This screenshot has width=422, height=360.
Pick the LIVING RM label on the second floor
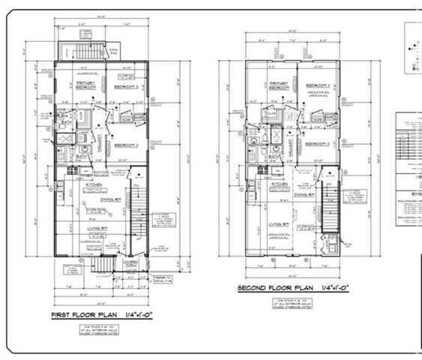[x=280, y=223]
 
